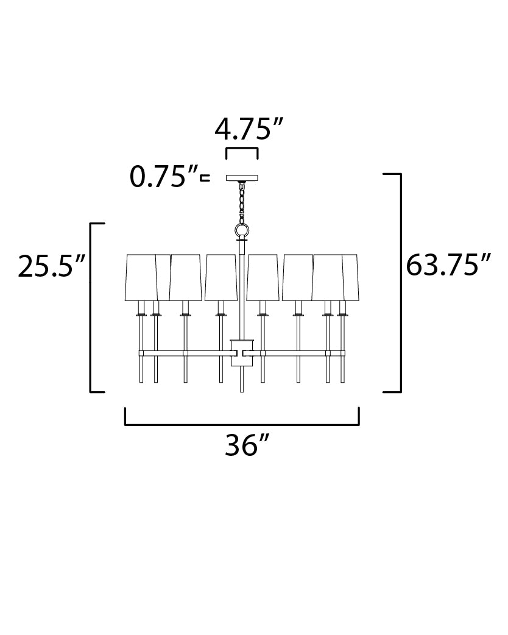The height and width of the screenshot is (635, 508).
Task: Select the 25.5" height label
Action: (x=51, y=266)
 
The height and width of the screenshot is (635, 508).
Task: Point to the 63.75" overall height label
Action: (x=448, y=265)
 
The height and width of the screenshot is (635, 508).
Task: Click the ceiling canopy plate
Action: (x=242, y=178)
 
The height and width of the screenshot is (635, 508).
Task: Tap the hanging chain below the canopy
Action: (x=242, y=203)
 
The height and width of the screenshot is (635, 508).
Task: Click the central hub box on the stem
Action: (x=242, y=353)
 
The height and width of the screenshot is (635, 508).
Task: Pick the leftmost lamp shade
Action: (x=141, y=278)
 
